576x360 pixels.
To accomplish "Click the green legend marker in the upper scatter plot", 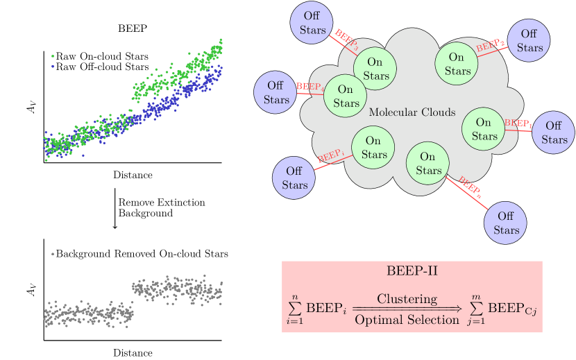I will [x=53, y=56].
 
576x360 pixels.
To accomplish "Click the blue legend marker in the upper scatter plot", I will [x=53, y=66].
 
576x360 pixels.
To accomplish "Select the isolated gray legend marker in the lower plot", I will [x=53, y=254].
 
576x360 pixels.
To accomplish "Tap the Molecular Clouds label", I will [x=412, y=112].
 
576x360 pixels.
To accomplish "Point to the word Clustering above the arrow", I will [x=407, y=299].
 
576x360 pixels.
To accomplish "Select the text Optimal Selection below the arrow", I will [x=407, y=320].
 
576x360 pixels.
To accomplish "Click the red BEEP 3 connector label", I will [x=346, y=40].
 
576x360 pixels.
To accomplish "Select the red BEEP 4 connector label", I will [x=310, y=87].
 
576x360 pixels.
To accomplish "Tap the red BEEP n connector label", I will [x=470, y=187].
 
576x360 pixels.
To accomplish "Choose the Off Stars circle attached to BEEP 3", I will [x=313, y=23].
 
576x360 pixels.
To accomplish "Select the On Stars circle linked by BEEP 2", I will [x=457, y=64].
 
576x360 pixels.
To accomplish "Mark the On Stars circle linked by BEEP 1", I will [x=484, y=129].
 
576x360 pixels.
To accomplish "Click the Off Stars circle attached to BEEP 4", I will [x=276, y=93].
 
